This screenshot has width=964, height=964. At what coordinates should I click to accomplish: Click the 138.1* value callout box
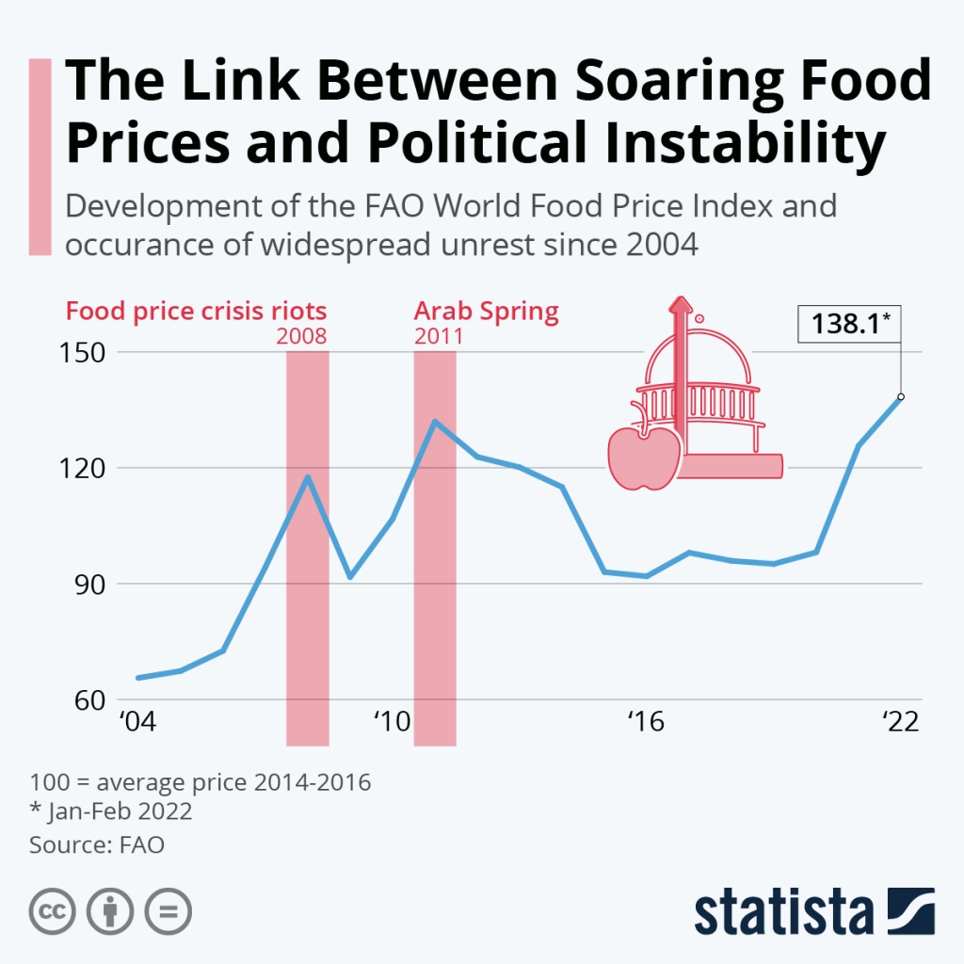[x=849, y=325]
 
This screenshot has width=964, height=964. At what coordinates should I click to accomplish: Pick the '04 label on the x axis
[x=137, y=723]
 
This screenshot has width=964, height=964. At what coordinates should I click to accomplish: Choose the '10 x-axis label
[x=392, y=723]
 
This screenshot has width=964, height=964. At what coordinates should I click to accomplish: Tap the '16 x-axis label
[x=646, y=723]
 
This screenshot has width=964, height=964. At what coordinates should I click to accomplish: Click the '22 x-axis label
[x=900, y=723]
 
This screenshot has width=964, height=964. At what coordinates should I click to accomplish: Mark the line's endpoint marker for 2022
[x=901, y=396]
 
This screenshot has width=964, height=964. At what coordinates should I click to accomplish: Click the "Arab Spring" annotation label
[x=487, y=312]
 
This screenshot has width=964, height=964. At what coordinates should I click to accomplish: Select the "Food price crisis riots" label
[x=196, y=312]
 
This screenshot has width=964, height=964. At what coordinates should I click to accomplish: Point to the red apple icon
[x=642, y=458]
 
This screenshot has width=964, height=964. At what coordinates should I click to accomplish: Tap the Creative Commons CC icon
[x=54, y=911]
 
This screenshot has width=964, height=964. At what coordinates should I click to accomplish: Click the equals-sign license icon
[x=167, y=911]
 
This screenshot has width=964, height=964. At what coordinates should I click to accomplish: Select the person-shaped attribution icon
[x=110, y=911]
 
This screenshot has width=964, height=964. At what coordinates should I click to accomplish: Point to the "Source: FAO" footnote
[x=97, y=844]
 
